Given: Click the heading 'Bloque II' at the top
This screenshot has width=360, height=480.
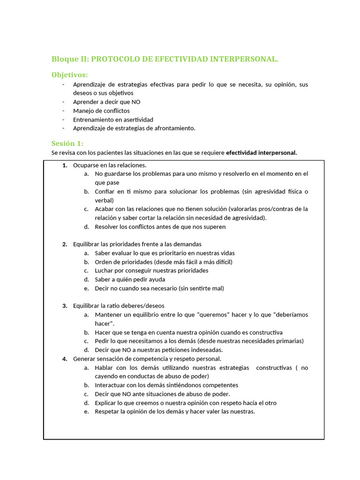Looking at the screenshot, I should (70, 59).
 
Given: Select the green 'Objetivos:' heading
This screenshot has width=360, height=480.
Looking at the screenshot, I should (69, 75).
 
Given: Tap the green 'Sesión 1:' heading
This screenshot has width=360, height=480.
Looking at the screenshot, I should (67, 143).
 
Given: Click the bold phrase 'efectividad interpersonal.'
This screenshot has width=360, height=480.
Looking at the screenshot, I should (261, 153).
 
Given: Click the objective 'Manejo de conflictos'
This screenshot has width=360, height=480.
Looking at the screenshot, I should (101, 111).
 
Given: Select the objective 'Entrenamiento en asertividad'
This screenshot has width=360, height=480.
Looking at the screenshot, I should (113, 120).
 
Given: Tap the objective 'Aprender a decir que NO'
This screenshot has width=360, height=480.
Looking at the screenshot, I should (106, 102).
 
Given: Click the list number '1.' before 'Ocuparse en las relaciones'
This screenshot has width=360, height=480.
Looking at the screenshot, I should (65, 165).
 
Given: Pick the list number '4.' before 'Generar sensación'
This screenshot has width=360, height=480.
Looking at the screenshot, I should (65, 359).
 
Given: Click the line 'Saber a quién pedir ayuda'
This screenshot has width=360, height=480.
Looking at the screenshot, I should (130, 279).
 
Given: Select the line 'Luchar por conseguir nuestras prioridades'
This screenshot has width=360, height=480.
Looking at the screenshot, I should (151, 270).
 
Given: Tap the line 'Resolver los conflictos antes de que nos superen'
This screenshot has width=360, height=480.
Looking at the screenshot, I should (160, 227).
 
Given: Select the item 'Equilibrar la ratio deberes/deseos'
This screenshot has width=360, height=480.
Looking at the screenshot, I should (119, 306).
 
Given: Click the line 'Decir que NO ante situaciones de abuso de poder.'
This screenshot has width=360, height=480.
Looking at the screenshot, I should (162, 394).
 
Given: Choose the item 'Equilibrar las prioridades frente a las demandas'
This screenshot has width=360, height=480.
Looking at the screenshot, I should (137, 244).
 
